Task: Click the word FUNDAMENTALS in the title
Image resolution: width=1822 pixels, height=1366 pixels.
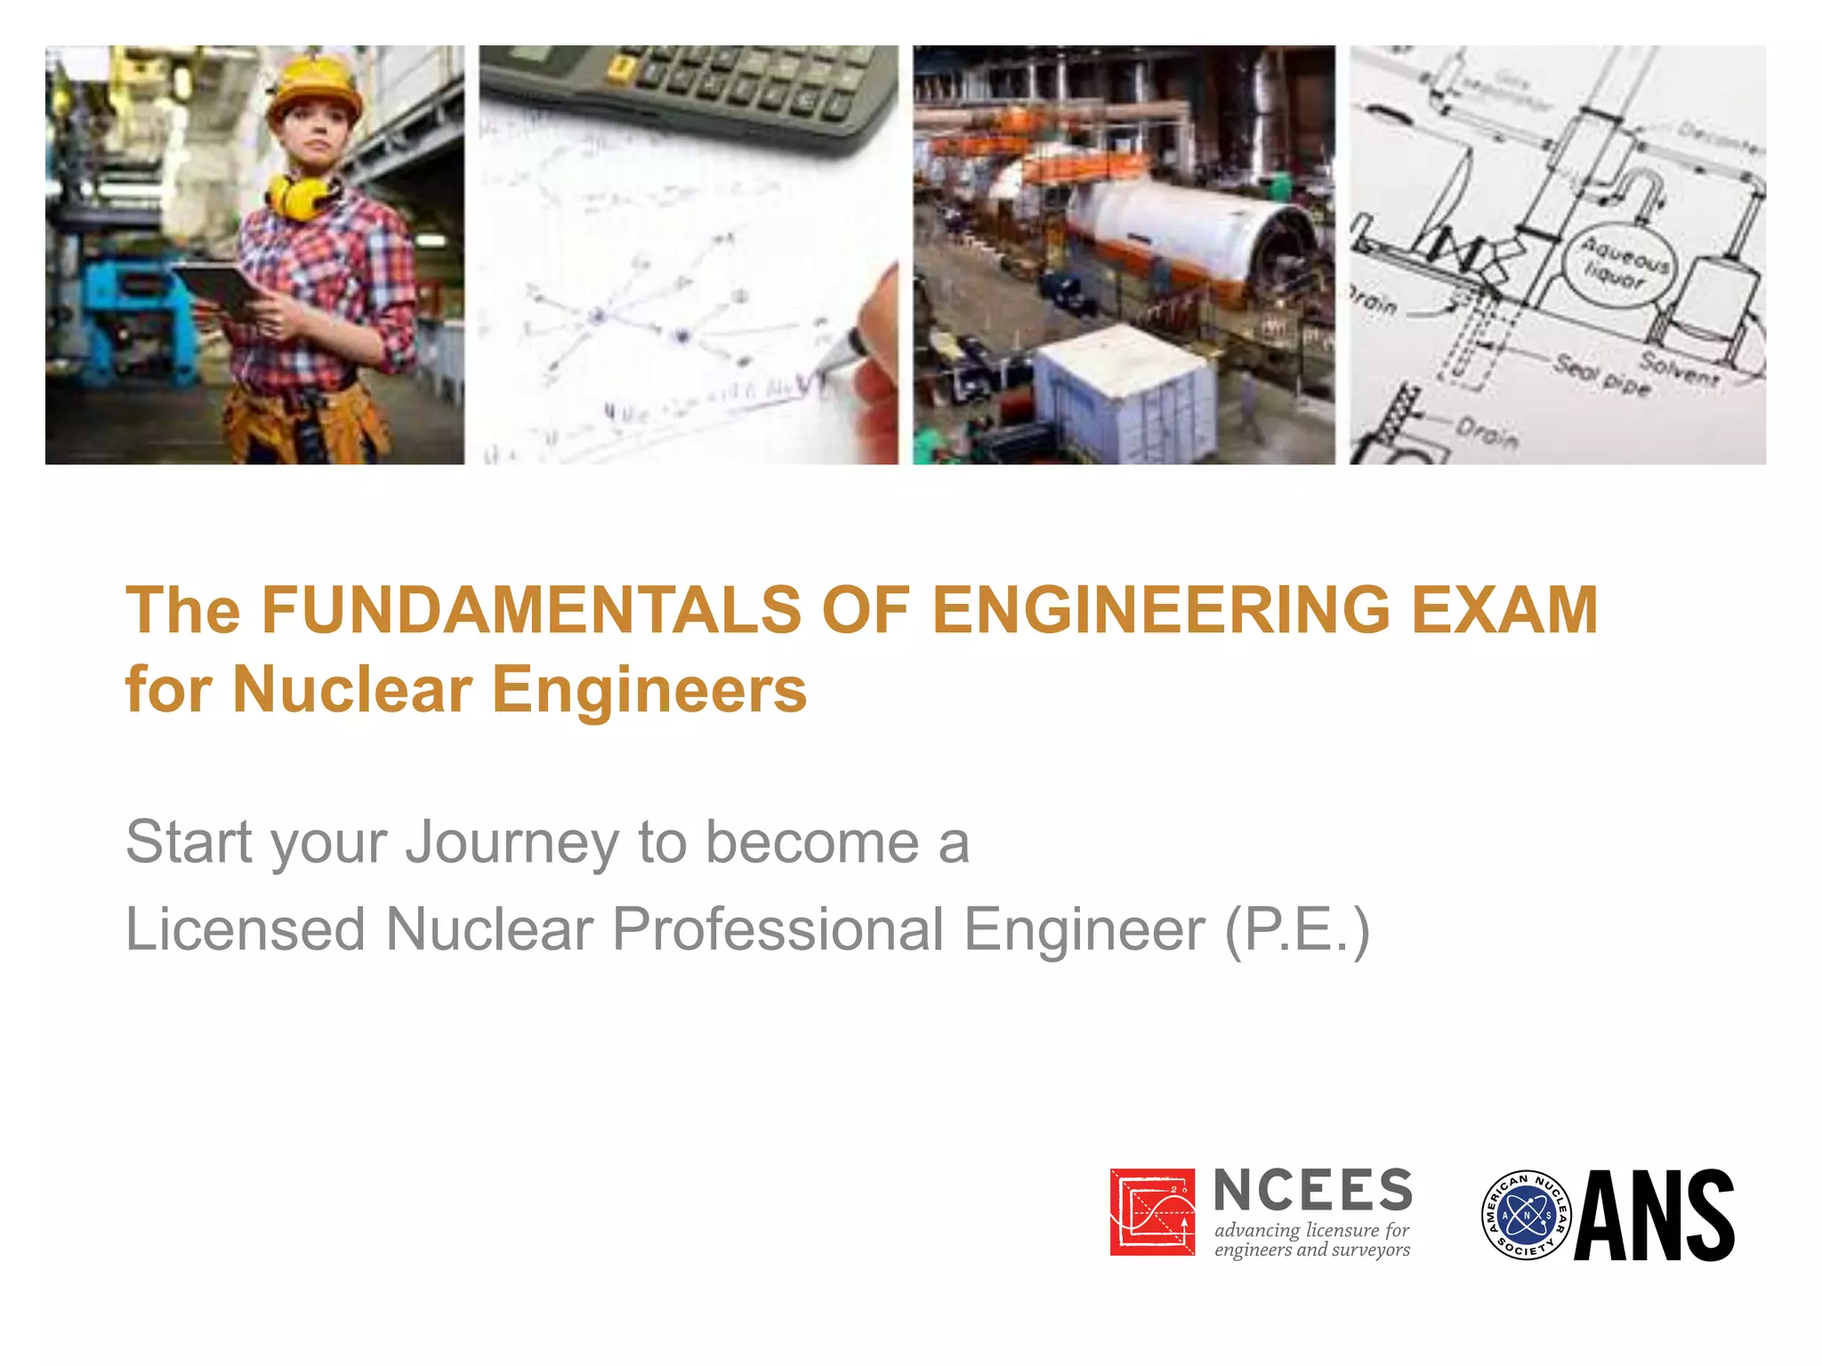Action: click(x=530, y=610)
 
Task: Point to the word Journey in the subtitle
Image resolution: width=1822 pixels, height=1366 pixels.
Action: click(x=512, y=842)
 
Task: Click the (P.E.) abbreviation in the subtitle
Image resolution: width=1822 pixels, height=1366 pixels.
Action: click(x=1298, y=929)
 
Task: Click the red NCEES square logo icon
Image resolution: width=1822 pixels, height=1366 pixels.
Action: click(x=1152, y=1211)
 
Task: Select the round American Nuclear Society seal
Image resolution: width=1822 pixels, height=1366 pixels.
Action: click(x=1526, y=1215)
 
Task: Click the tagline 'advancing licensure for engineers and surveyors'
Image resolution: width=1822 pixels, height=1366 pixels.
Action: click(x=1312, y=1240)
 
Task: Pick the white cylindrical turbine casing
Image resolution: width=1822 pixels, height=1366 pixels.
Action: click(x=1165, y=222)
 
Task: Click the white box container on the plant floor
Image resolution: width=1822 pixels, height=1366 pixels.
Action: click(x=1125, y=391)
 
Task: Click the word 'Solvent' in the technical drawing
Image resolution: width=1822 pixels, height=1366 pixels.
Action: click(x=1680, y=367)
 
